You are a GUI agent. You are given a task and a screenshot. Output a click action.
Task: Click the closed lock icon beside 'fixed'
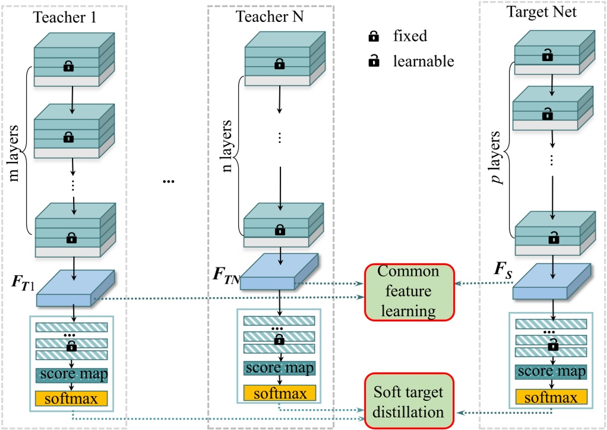(x=374, y=36)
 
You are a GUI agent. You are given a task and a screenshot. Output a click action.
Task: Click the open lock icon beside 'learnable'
(x=374, y=61)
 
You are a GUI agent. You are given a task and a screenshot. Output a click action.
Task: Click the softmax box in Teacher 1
(x=71, y=397)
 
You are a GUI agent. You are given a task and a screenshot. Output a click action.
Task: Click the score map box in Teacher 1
(x=71, y=375)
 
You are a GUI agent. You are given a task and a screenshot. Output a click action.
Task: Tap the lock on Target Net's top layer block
(x=546, y=56)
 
